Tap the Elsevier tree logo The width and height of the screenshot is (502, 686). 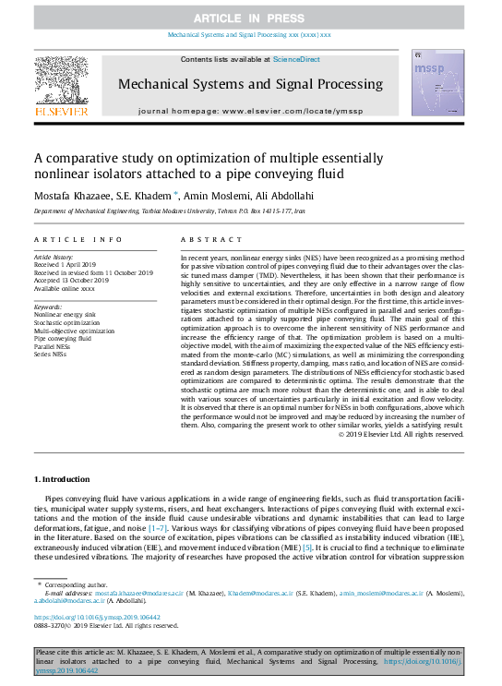[x=61, y=81]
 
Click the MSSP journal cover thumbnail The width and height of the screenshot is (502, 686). [x=436, y=82]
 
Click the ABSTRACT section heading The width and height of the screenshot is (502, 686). [x=203, y=238]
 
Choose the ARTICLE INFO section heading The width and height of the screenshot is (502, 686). [x=78, y=238]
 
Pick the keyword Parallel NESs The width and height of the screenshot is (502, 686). [x=54, y=344]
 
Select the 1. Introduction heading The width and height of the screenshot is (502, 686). [x=64, y=479]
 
